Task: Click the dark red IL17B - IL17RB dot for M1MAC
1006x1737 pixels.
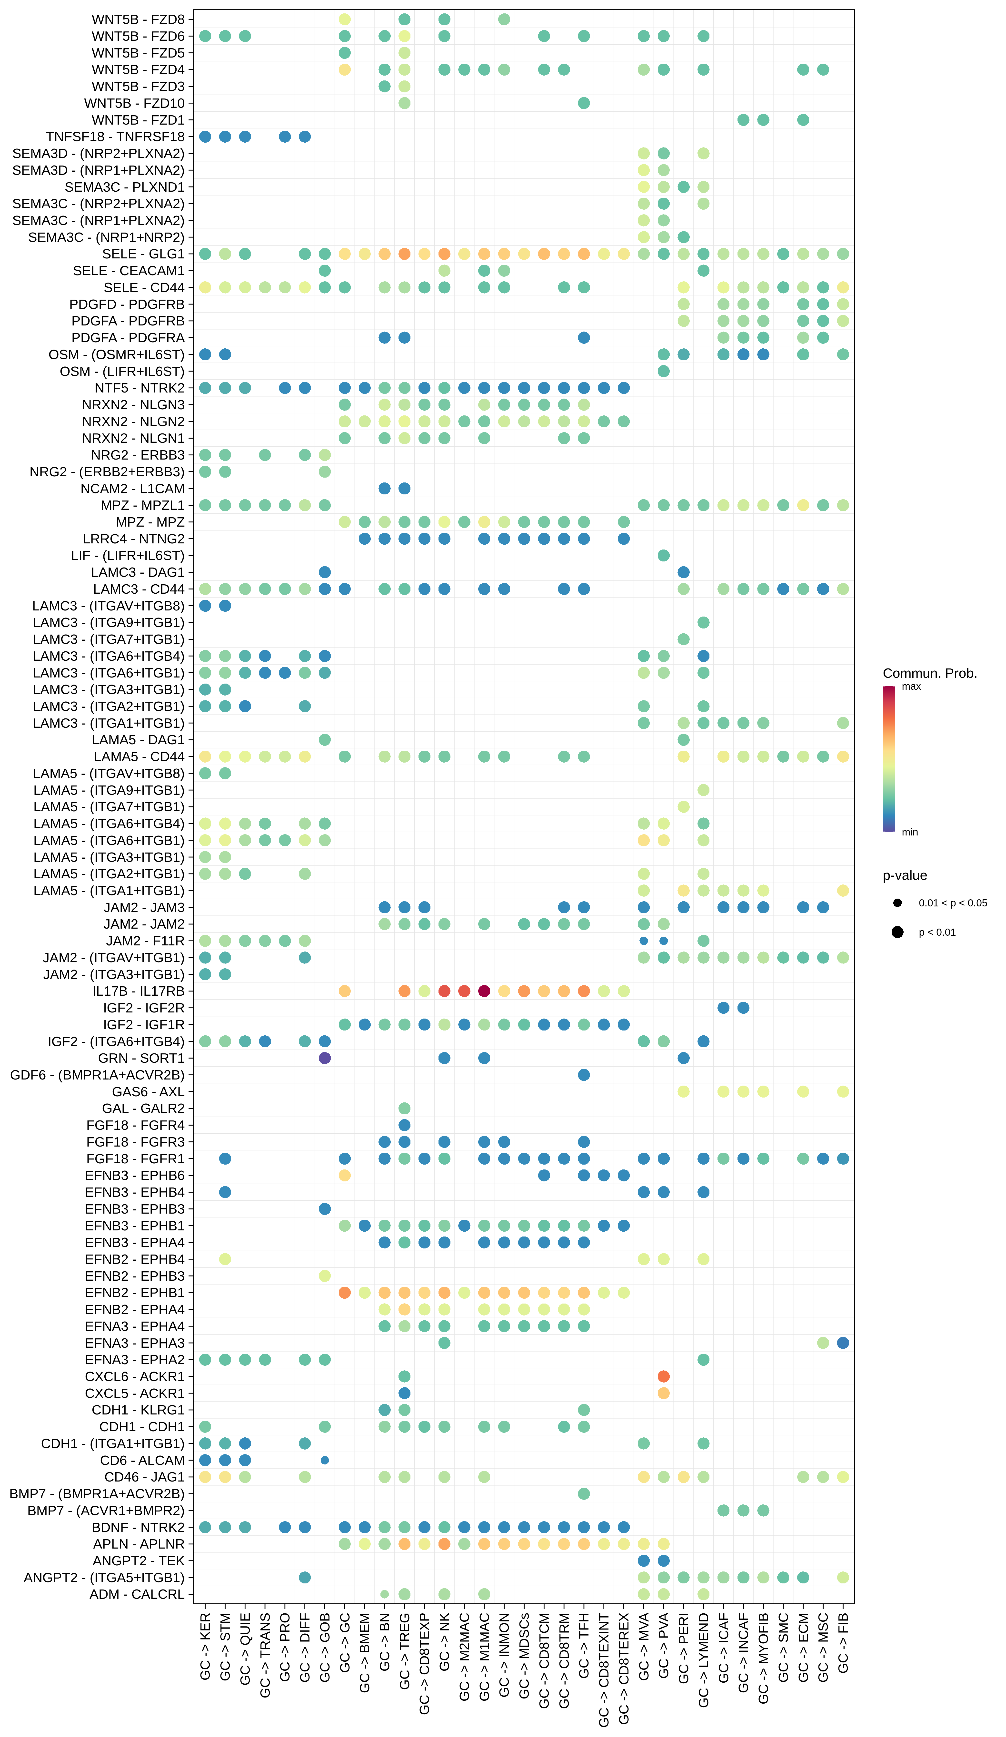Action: click(x=484, y=991)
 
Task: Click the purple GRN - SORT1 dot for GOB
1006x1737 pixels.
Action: click(x=325, y=1058)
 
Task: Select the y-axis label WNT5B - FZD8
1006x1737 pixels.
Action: click(x=138, y=19)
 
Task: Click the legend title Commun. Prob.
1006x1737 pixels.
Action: click(x=929, y=673)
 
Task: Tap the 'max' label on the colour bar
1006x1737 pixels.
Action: click(x=911, y=687)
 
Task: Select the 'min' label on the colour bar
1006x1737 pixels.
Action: click(x=909, y=832)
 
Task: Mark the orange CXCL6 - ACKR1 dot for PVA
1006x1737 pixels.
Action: click(x=663, y=1376)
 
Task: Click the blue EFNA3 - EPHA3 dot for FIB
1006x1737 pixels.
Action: click(x=843, y=1343)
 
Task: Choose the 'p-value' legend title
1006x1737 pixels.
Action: click(x=905, y=875)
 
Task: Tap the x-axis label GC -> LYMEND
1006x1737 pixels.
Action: click(x=703, y=1658)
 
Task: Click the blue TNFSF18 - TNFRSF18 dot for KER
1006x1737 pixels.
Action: click(x=205, y=137)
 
